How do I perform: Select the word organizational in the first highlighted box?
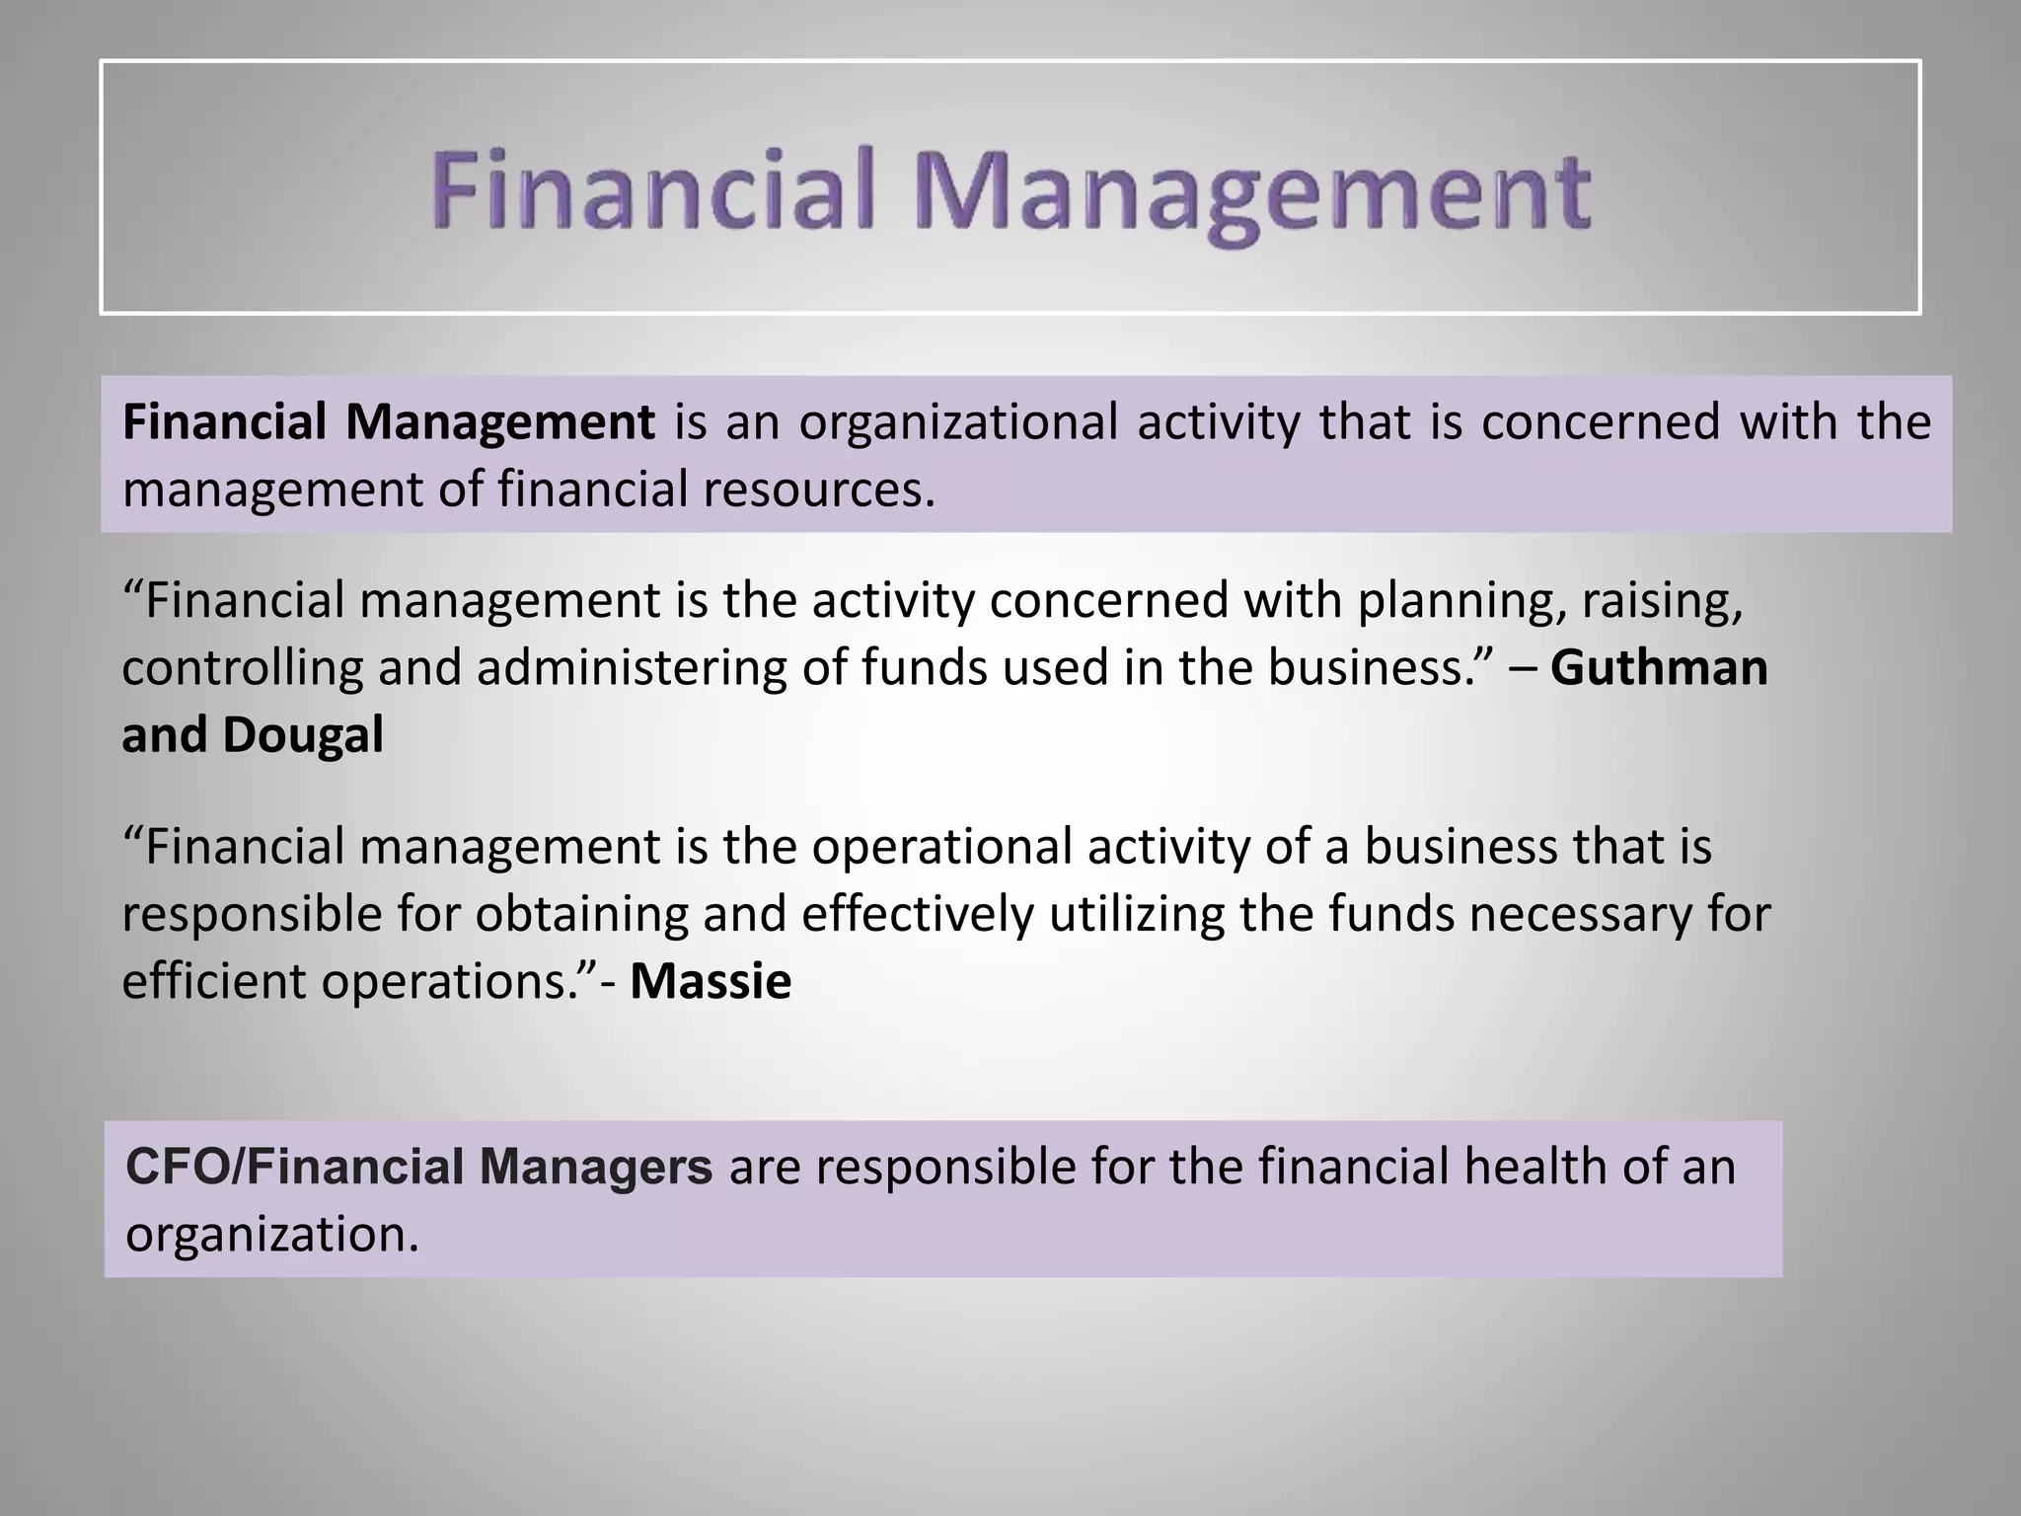[x=957, y=422]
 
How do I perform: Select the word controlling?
[x=242, y=668]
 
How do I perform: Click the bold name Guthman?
[x=1659, y=668]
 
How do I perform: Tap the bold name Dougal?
[x=303, y=735]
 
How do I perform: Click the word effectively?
[x=917, y=915]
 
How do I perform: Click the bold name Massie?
[x=711, y=982]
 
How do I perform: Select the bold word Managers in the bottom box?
[x=596, y=1168]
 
